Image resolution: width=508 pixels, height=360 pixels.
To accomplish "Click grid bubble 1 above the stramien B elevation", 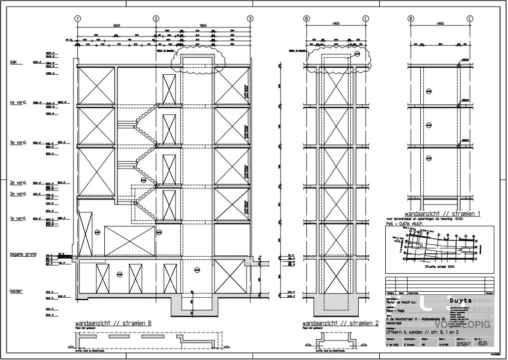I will coord(78,18).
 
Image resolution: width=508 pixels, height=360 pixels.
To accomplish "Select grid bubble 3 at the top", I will coord(250,18).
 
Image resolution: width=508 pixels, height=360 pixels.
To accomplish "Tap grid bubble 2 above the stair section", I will coord(156,18).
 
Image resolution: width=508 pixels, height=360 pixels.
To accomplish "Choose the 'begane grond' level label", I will coord(23,254).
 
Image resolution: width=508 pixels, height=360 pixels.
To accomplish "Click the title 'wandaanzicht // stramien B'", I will coord(113,323).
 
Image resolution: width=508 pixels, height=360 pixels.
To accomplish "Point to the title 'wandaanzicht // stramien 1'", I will coord(442,213).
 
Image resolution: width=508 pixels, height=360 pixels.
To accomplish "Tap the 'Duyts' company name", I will coord(461,301).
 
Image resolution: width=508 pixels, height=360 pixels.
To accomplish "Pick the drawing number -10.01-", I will coord(482,344).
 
